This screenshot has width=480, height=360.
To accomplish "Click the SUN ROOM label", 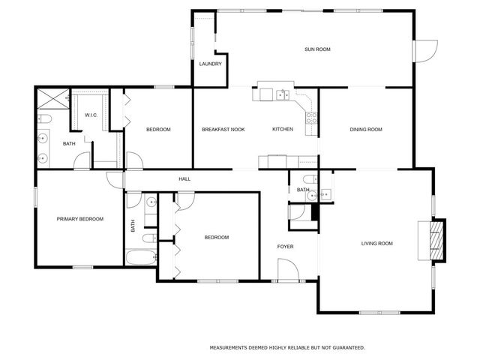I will click(x=317, y=49).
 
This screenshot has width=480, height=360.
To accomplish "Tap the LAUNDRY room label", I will click(x=210, y=64).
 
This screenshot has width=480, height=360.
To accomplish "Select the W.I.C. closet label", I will click(x=91, y=115).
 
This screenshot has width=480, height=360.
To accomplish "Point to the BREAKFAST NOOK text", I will click(x=223, y=130).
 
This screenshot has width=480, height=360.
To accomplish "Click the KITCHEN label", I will click(x=282, y=130).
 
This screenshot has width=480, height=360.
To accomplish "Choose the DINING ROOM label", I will click(x=366, y=130).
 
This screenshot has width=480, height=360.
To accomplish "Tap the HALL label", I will click(x=184, y=179).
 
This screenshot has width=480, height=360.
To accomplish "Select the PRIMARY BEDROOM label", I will click(x=80, y=219).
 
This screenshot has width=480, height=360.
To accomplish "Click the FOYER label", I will click(x=285, y=246).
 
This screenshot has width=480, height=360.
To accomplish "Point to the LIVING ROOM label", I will click(x=377, y=243).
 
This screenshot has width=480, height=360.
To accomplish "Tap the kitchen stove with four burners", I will click(x=311, y=116).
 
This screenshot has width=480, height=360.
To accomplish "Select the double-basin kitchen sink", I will click(x=282, y=94).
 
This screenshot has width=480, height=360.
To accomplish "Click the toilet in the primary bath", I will click(x=44, y=119).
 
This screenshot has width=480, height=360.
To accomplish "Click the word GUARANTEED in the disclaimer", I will click(x=343, y=348).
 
